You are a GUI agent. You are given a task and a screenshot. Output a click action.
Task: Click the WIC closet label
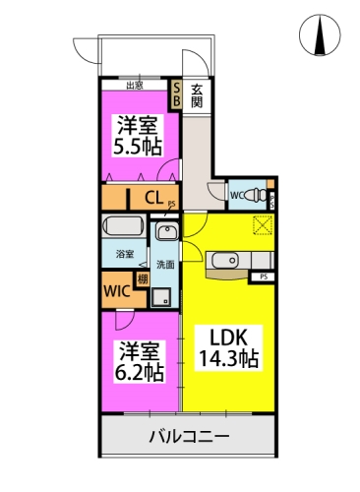click(x=116, y=291)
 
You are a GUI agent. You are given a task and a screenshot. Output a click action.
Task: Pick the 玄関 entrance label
click(x=197, y=94)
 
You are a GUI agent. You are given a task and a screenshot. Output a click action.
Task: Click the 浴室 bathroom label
click(x=125, y=255)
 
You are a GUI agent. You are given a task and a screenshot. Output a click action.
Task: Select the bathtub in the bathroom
click(x=124, y=226)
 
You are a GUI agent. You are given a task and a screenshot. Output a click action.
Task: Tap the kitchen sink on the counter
click(x=219, y=261)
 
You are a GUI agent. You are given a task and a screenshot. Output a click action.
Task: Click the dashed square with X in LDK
click(x=263, y=224)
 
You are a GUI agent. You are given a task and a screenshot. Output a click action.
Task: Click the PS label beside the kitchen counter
click(x=264, y=277)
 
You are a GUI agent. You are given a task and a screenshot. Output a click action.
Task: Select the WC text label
click(x=237, y=195)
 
